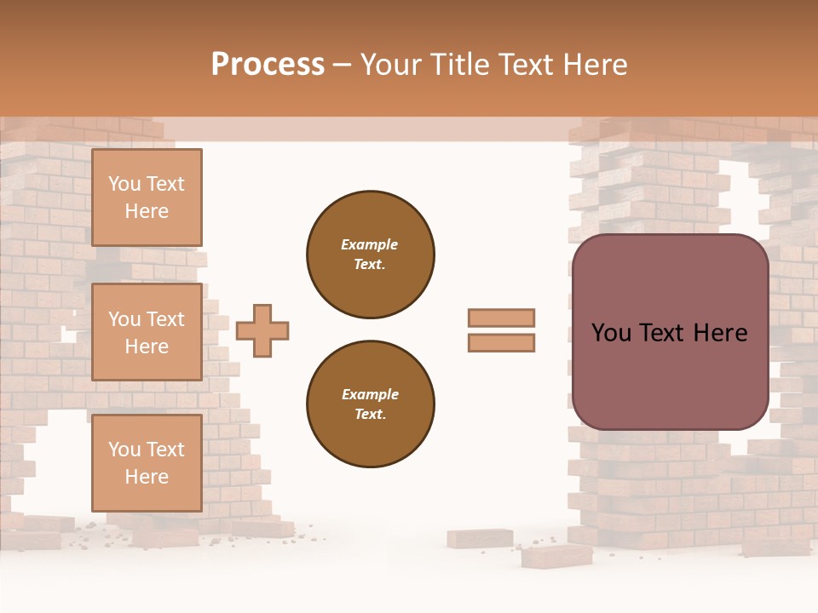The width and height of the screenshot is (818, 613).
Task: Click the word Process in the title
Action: coord(268,65)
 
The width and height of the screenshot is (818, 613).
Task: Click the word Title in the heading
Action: coord(458,65)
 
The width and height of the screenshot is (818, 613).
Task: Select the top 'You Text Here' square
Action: coord(147,198)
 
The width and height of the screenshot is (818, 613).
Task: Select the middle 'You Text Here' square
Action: coord(147,332)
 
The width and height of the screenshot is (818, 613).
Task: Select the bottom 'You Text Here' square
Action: coord(147,463)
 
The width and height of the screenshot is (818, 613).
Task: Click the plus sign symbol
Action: coord(262,330)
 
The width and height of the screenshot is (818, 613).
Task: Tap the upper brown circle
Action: coord(370,255)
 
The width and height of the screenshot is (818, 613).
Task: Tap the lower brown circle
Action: coord(370,404)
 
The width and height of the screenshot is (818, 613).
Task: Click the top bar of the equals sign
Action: coord(501,318)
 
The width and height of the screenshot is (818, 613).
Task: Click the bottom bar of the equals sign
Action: coord(501,343)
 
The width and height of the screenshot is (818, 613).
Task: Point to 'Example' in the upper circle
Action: coord(370,244)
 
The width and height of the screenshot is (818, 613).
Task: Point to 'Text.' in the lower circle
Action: coord(370,415)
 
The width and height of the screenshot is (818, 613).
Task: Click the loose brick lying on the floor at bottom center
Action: coord(556,555)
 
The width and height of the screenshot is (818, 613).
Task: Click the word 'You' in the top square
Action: coord(124,184)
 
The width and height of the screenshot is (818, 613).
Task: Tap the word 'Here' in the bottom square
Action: coord(147,477)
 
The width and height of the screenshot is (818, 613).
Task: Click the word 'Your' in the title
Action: coord(392,65)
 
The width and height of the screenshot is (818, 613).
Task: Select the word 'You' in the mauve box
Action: coord(611,333)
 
